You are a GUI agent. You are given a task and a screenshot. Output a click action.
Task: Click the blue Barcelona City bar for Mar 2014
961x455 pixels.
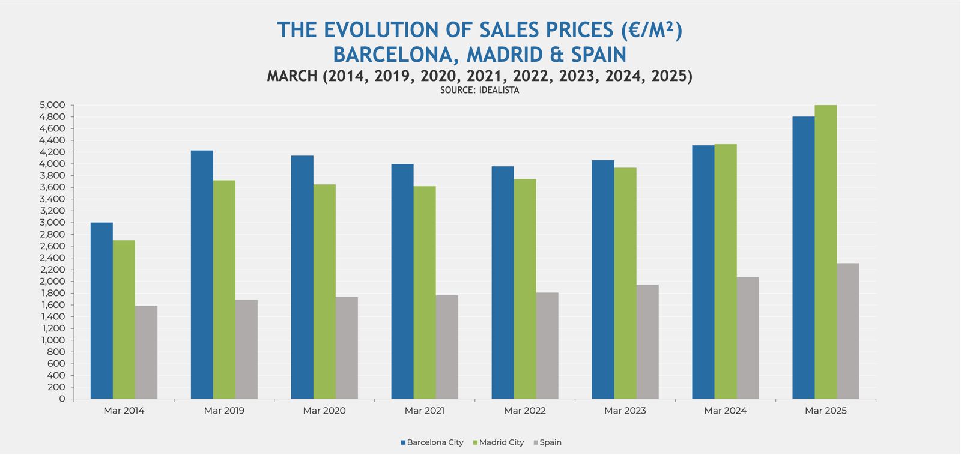pyautogui.click(x=102, y=310)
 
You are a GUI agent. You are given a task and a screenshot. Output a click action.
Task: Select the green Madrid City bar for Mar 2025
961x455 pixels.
pyautogui.click(x=826, y=252)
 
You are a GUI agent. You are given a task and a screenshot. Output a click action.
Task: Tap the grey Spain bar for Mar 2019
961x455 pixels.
pyautogui.click(x=246, y=349)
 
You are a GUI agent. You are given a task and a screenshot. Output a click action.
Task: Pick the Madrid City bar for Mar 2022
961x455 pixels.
pyautogui.click(x=525, y=289)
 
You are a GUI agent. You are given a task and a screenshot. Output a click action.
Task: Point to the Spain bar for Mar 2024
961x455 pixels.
pyautogui.click(x=748, y=338)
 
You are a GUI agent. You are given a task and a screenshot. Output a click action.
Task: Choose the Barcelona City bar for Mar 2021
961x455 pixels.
pyautogui.click(x=402, y=282)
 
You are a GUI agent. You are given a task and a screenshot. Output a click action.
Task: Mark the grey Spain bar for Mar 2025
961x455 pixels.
pyautogui.click(x=848, y=331)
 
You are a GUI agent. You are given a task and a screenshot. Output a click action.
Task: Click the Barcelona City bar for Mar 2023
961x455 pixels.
pyautogui.click(x=603, y=280)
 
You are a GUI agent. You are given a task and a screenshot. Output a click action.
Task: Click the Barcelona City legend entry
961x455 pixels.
pyautogui.click(x=432, y=442)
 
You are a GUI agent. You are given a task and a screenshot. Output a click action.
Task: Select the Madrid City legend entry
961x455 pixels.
pyautogui.click(x=499, y=442)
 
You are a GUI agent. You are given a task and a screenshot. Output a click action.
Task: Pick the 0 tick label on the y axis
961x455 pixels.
pyautogui.click(x=62, y=399)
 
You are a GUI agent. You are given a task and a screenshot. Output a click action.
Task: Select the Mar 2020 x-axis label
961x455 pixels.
pyautogui.click(x=324, y=411)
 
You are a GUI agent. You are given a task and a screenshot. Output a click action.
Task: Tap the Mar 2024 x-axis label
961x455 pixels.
pyautogui.click(x=726, y=411)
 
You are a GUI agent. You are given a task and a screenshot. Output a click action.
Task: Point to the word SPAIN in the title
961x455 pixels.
pyautogui.click(x=598, y=55)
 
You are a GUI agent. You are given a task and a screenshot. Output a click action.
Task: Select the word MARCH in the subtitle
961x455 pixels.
pyautogui.click(x=292, y=76)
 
